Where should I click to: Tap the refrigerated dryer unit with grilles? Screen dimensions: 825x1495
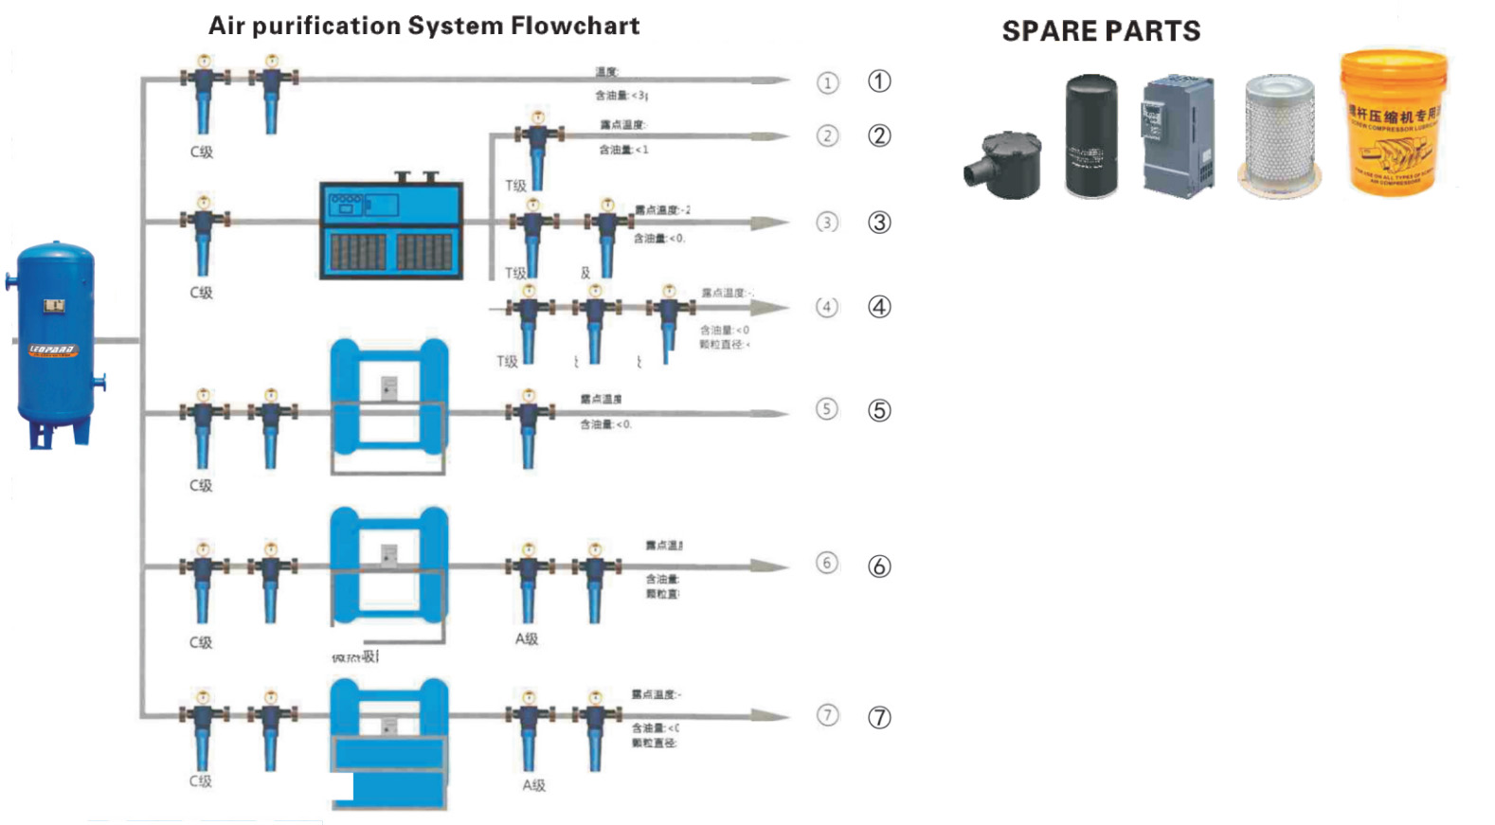[391, 230]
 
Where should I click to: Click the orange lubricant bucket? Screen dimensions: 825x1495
[1393, 123]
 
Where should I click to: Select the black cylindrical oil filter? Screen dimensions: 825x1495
[1091, 136]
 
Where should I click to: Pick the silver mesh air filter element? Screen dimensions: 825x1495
[1279, 136]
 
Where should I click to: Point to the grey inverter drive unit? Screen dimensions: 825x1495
[1178, 136]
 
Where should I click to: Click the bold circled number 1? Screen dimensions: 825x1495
[879, 81]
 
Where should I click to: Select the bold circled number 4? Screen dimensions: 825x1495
[879, 307]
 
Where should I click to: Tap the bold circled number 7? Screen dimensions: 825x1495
[879, 717]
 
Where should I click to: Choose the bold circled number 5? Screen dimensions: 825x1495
[879, 410]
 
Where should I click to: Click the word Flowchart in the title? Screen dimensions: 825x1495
[575, 26]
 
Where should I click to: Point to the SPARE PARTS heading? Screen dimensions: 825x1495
[1101, 31]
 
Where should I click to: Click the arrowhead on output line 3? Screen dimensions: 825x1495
[769, 223]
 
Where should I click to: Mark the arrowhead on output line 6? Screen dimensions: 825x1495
[769, 566]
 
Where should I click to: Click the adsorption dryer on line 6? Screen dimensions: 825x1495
[388, 566]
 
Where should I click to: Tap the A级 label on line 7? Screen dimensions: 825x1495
[534, 785]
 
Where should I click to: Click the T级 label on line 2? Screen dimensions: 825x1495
[515, 186]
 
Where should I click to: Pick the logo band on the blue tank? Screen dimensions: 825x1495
[53, 350]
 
